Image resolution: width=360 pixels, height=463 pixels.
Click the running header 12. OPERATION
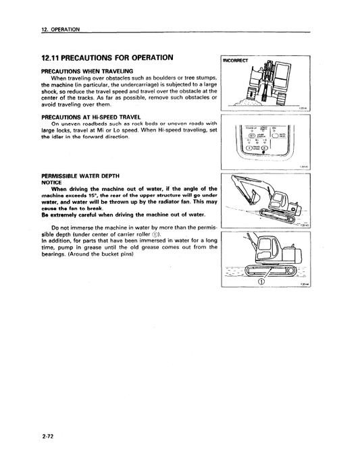[x=60, y=30]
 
